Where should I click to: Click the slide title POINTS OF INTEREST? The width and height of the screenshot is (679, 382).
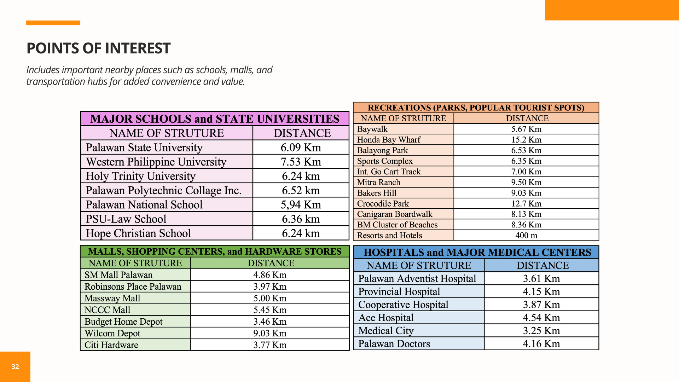[98, 48]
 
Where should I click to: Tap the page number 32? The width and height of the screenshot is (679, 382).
[15, 367]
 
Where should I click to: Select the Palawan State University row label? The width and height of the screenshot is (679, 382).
[144, 147]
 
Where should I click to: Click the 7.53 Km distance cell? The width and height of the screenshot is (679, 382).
[301, 162]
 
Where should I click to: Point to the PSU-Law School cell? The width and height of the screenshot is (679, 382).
[126, 219]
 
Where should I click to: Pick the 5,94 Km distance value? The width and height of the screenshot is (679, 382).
[301, 205]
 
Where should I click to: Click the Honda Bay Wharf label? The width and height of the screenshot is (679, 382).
[389, 140]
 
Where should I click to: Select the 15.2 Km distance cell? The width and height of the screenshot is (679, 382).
[526, 140]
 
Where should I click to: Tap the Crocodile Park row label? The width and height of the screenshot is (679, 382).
[383, 204]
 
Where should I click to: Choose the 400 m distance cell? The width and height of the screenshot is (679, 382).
[526, 236]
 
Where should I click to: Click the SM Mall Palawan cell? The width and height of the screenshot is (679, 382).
[118, 275]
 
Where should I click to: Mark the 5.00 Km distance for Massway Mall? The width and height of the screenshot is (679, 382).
[270, 299]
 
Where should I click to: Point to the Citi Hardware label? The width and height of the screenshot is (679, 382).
[111, 345]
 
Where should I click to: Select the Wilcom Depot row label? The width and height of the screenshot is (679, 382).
[112, 334]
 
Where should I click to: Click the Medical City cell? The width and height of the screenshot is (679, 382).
[386, 331]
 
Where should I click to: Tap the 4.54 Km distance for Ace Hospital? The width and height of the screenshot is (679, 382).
[541, 318]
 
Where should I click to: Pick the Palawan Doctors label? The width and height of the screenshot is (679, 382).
[394, 344]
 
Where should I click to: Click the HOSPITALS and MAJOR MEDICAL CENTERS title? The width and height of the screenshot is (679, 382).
[477, 253]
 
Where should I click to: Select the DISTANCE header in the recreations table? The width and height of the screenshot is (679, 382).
[527, 118]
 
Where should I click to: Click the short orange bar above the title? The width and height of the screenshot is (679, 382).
[53, 23]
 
